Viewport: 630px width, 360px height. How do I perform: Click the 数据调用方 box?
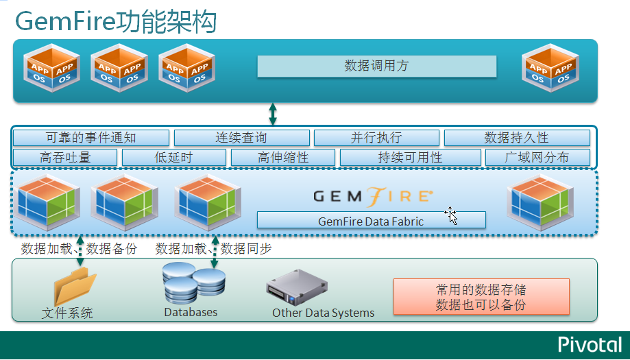[x=376, y=67]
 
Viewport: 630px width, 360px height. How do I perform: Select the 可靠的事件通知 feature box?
[x=90, y=138]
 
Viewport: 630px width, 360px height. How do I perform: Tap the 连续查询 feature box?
[x=241, y=138]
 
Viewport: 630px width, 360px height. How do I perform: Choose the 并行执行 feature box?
[x=376, y=138]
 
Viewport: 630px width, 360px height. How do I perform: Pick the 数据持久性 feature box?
[x=516, y=138]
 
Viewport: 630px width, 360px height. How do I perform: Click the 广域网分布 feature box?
[x=537, y=158]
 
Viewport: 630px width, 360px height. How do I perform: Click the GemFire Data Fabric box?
[x=371, y=221]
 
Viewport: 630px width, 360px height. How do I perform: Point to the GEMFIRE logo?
[x=373, y=196]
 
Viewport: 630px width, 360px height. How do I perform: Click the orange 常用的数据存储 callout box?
[x=481, y=297]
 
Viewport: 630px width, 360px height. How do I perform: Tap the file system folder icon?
[x=75, y=285]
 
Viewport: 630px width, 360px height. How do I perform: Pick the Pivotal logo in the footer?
[x=589, y=344]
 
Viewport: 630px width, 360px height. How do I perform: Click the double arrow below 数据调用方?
[x=273, y=114]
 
